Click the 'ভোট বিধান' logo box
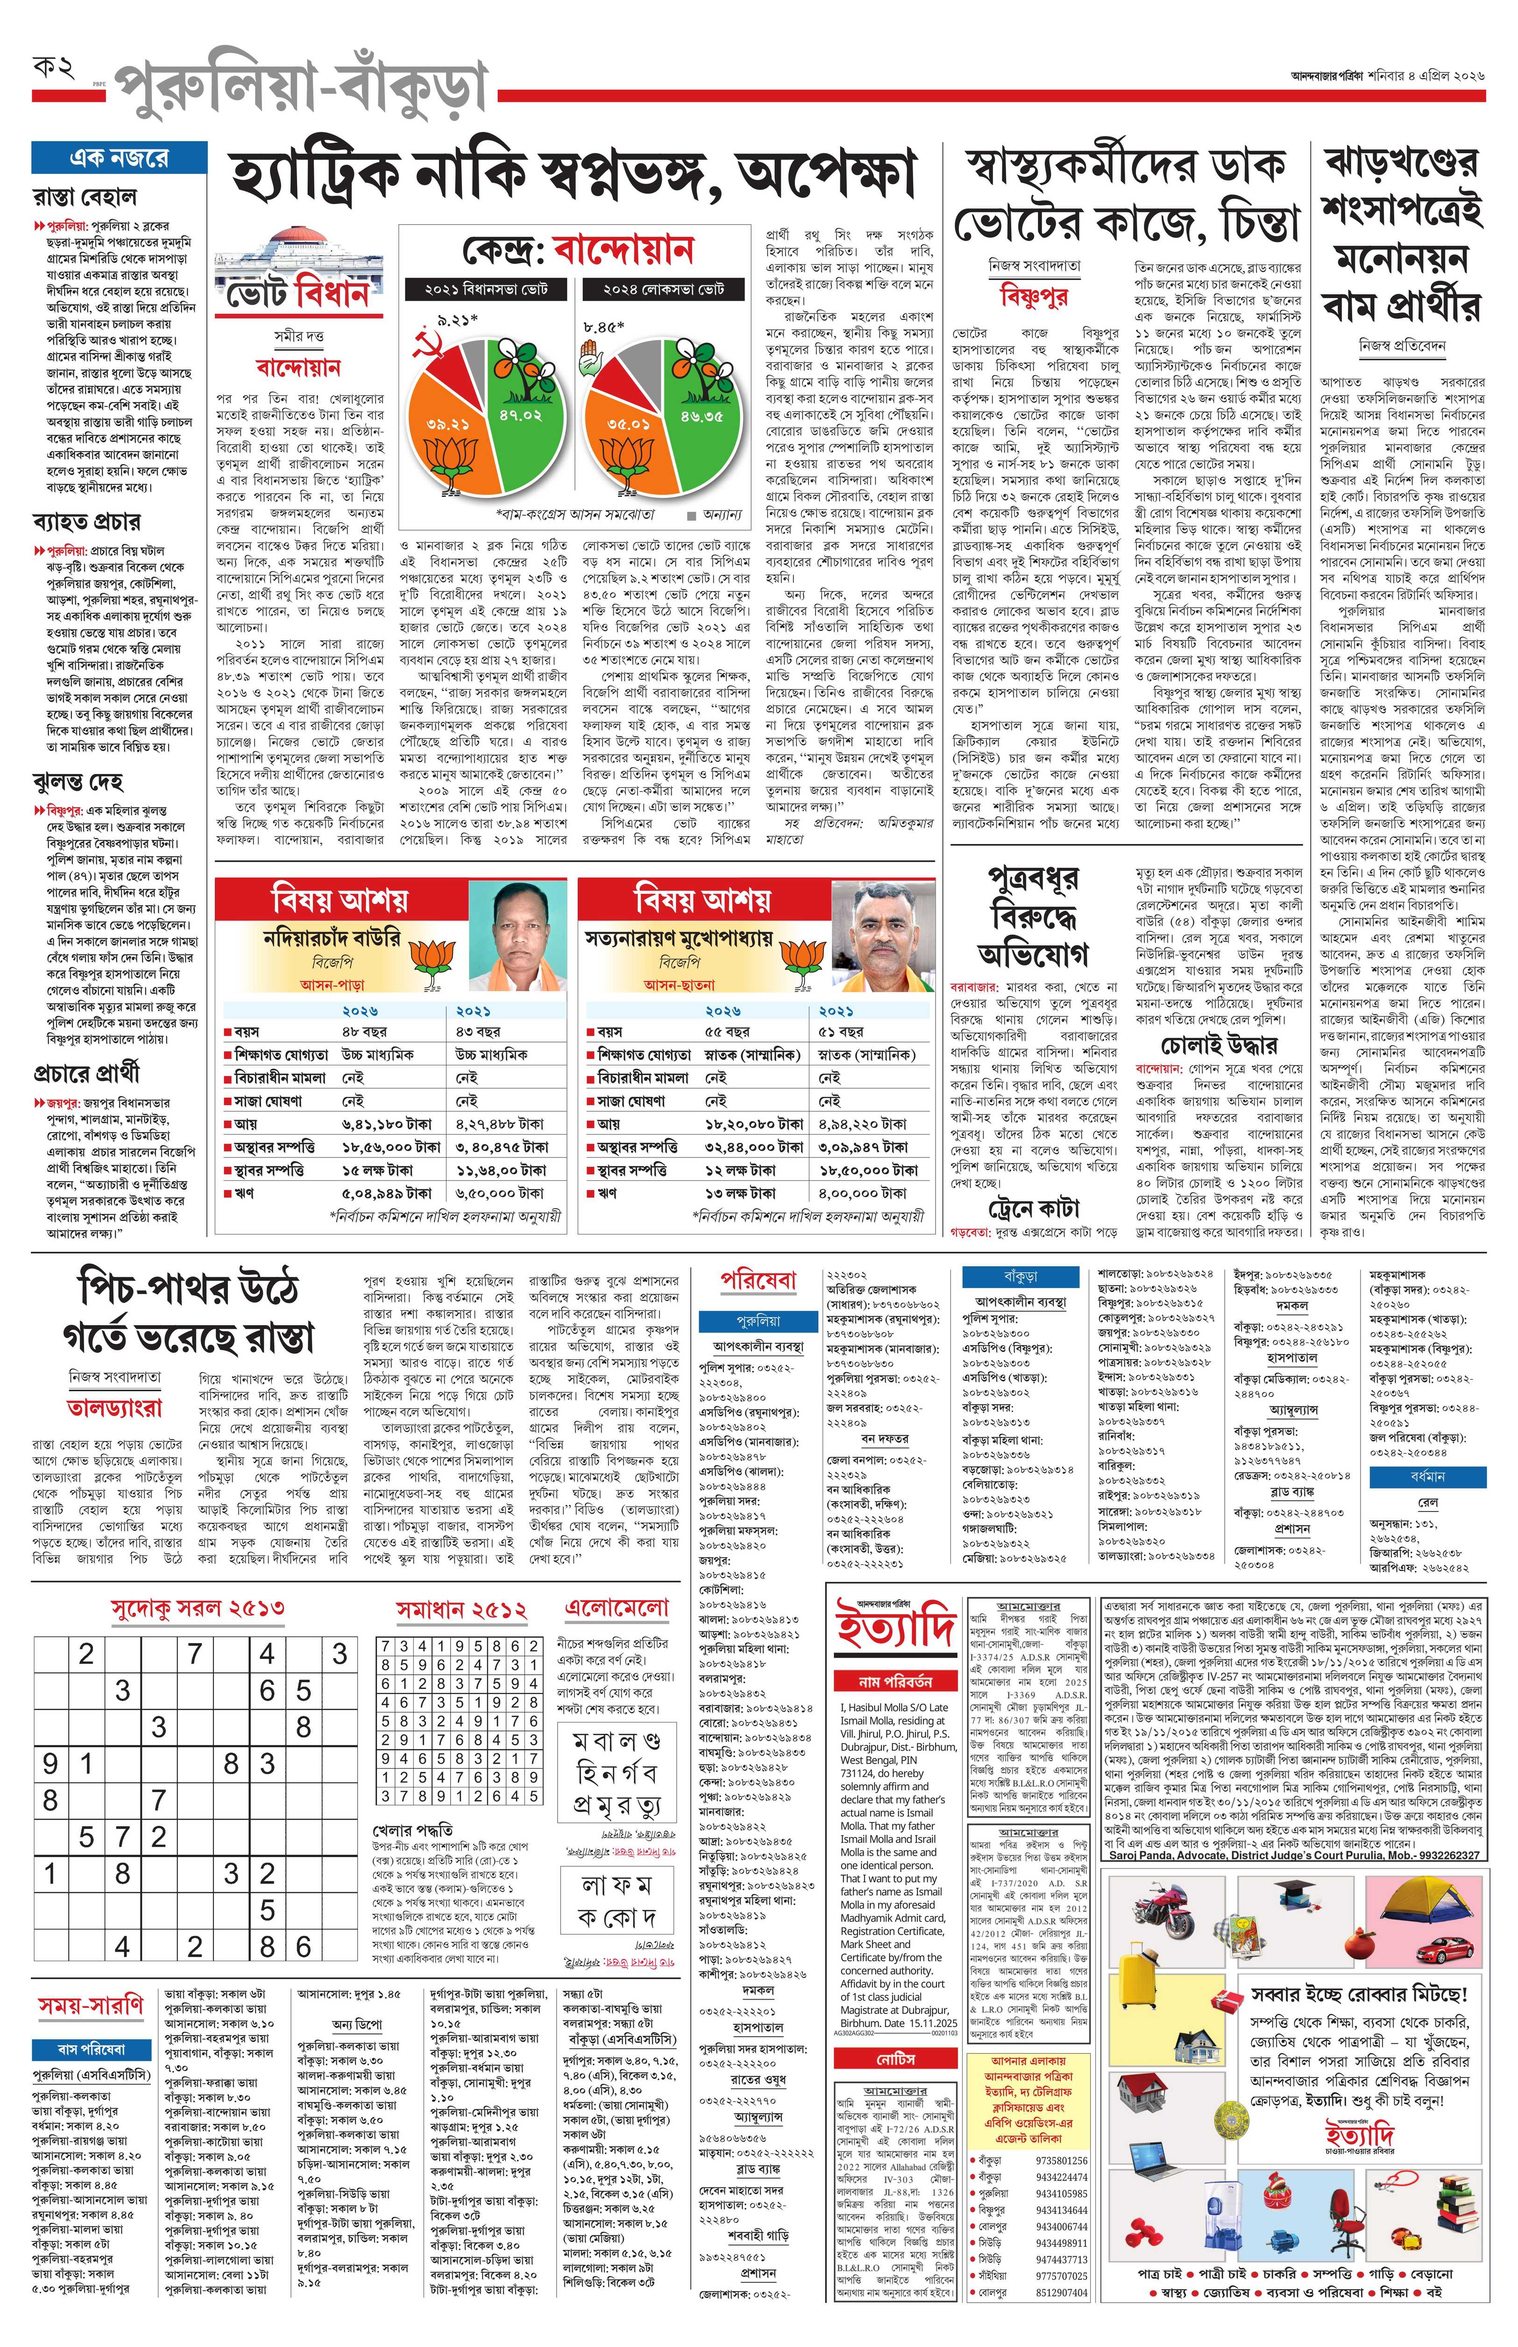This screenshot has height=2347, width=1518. click(x=293, y=294)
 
